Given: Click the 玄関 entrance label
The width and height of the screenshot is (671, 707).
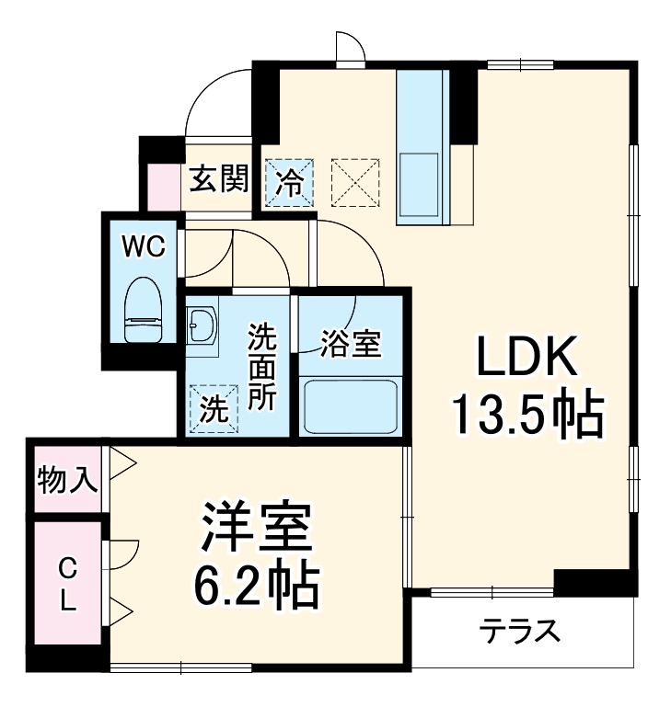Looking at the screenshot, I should tap(219, 178).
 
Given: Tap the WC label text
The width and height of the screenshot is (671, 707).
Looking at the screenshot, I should tap(145, 246).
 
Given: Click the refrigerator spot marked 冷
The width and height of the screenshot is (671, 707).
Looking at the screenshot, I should tap(290, 181).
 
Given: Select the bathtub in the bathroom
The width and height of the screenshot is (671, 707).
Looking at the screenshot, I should tap(351, 405).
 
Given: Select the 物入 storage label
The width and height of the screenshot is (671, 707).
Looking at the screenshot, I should tap(67, 478).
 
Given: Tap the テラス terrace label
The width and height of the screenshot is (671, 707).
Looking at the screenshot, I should tap(519, 633).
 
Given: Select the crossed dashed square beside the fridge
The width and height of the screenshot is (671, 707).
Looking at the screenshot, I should tap(354, 181).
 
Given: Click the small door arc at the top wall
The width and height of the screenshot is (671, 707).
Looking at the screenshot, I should tap(350, 49).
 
